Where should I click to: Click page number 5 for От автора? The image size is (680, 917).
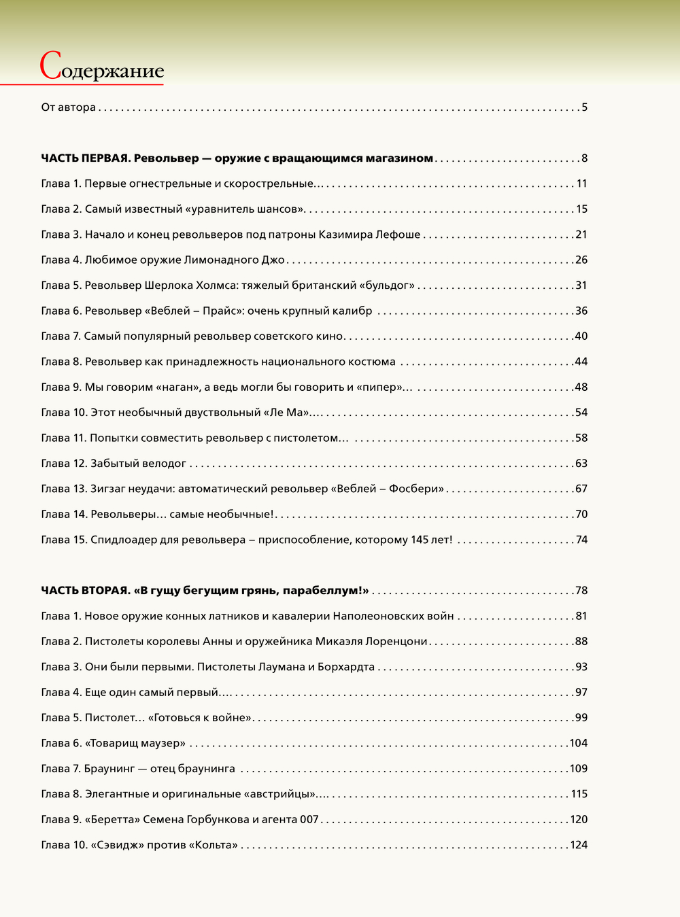coord(584,107)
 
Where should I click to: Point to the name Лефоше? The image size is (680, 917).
coord(398,235)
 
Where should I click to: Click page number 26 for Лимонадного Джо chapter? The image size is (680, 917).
coord(581,260)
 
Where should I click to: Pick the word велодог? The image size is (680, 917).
coord(164,464)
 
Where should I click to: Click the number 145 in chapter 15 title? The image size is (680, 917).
coord(420,540)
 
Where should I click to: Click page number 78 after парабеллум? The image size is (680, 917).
coord(581,591)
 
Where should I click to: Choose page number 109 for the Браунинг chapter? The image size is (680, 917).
coord(578,769)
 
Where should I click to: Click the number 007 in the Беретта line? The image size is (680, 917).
coord(309,820)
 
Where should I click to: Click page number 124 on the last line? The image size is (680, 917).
coord(578,845)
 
